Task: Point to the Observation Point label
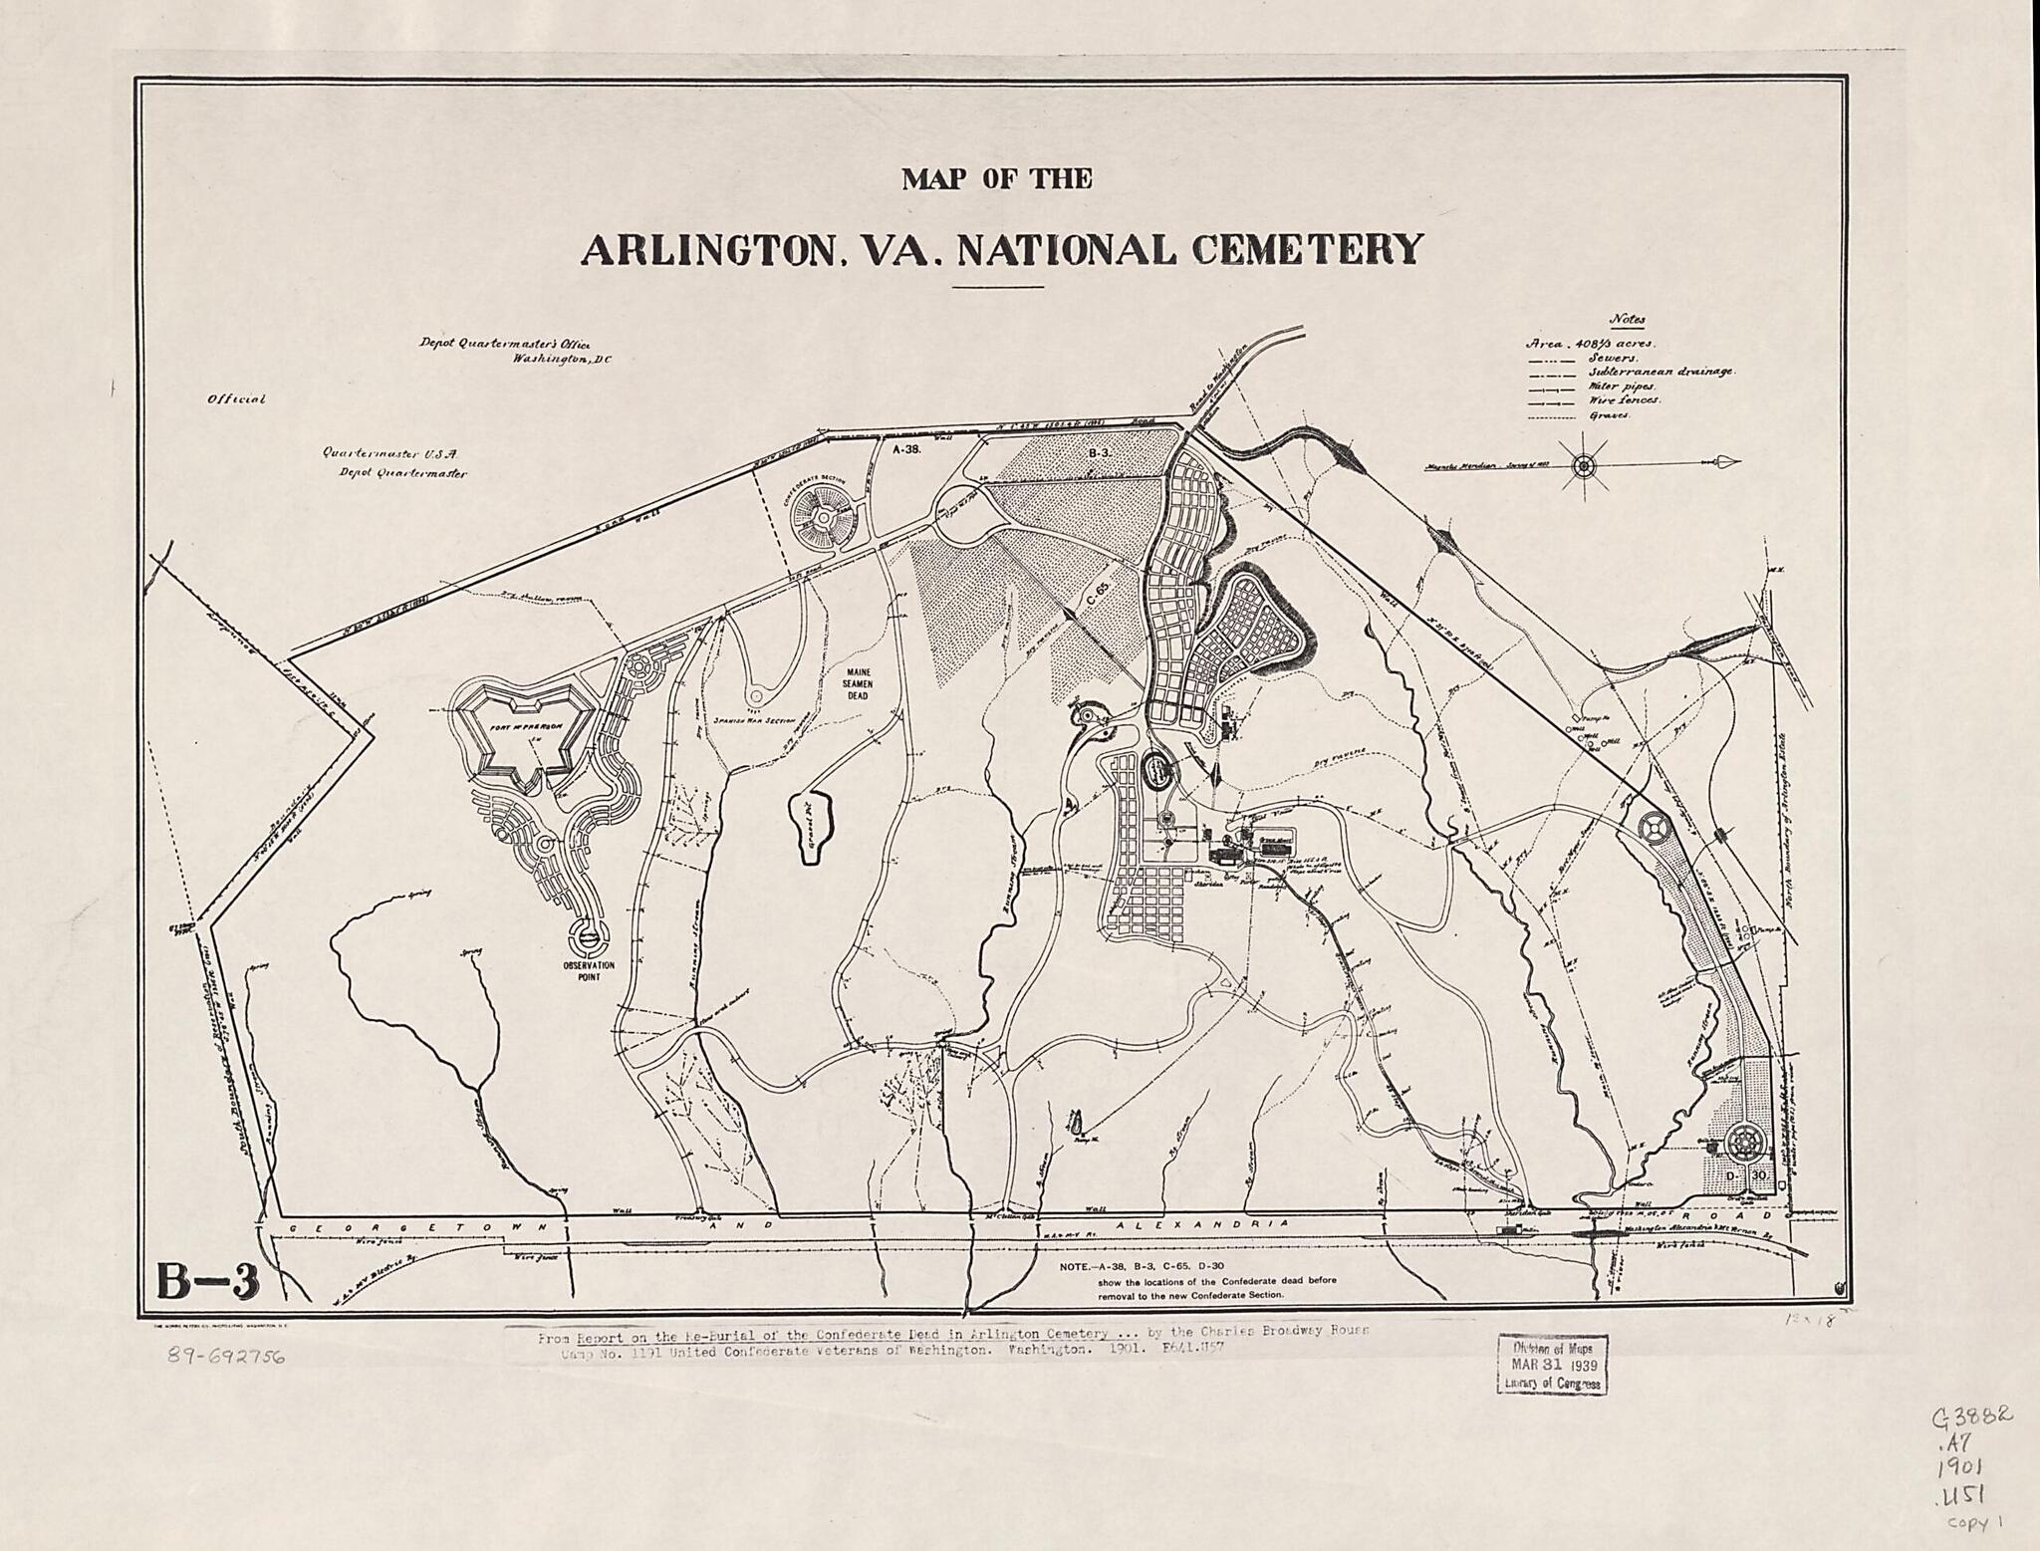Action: [x=588, y=971]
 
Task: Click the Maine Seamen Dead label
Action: [x=858, y=684]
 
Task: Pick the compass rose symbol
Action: [x=1584, y=464]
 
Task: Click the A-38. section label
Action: [x=908, y=449]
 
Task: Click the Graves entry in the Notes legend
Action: [x=1610, y=415]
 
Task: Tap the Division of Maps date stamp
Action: [x=1552, y=1364]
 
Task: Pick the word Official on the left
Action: [x=236, y=399]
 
